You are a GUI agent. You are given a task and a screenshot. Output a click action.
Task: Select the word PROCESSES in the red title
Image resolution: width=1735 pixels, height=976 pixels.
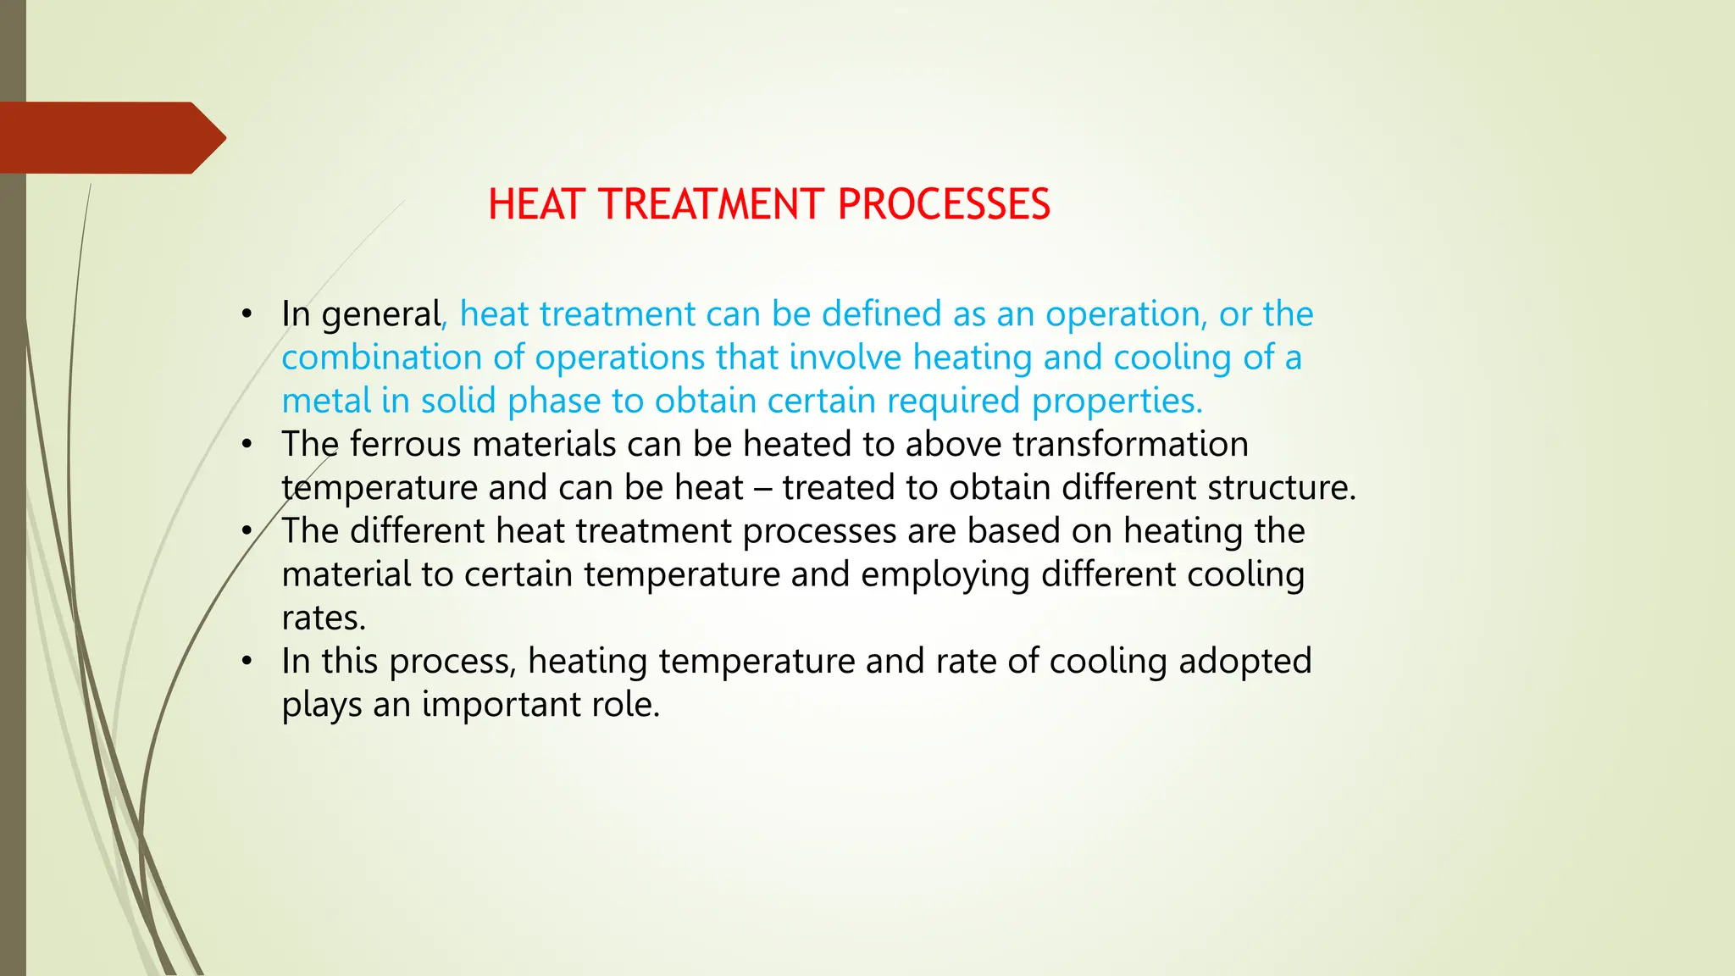(944, 205)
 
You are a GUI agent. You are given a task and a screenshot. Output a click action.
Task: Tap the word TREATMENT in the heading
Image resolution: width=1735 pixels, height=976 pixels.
(711, 205)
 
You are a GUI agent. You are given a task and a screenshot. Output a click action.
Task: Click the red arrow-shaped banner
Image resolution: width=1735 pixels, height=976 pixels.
(110, 138)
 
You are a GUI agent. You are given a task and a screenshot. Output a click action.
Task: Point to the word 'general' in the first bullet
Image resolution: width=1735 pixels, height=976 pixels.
(382, 315)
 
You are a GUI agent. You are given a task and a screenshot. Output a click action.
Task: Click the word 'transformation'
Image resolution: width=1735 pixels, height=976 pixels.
(1130, 444)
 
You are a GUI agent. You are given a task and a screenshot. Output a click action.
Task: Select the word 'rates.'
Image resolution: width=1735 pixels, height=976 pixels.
(324, 618)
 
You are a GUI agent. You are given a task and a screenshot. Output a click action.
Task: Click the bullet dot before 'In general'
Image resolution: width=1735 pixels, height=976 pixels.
(247, 314)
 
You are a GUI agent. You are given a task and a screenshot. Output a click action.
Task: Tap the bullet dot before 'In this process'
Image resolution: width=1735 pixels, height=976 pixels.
(247, 661)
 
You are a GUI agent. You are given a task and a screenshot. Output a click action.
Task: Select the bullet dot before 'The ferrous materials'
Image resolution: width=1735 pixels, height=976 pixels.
(247, 444)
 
